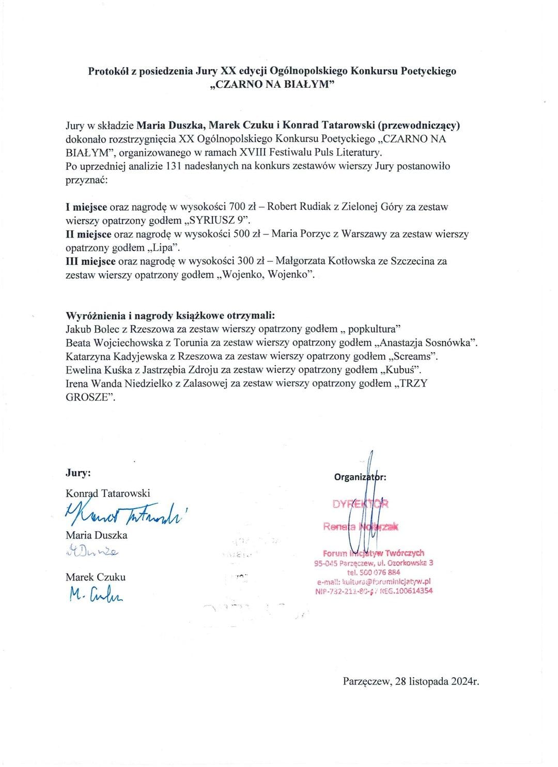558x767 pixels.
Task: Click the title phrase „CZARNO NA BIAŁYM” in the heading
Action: point(272,85)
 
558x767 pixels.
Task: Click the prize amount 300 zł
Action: point(251,261)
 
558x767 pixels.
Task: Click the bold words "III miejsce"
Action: point(90,261)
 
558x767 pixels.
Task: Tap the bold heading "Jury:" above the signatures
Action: point(79,473)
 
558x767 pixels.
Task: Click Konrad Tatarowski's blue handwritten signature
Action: point(124,511)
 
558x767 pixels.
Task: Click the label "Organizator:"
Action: point(360,477)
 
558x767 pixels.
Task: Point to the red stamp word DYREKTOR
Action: point(360,504)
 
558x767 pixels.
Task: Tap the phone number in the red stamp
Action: point(374,572)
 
